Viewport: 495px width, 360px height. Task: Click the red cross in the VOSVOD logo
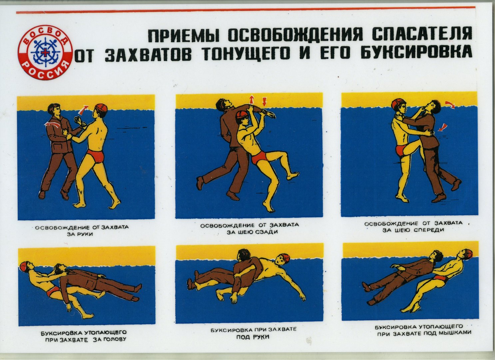pyautogui.click(x=45, y=52)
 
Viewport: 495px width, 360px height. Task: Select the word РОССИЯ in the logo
pyautogui.click(x=45, y=71)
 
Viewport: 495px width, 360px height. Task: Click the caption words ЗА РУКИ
pyautogui.click(x=80, y=234)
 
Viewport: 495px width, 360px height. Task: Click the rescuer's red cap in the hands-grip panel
pyautogui.click(x=101, y=108)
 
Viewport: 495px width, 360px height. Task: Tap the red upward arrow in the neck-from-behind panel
pyautogui.click(x=251, y=100)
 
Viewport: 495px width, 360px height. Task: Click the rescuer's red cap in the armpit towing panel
pyautogui.click(x=468, y=254)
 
